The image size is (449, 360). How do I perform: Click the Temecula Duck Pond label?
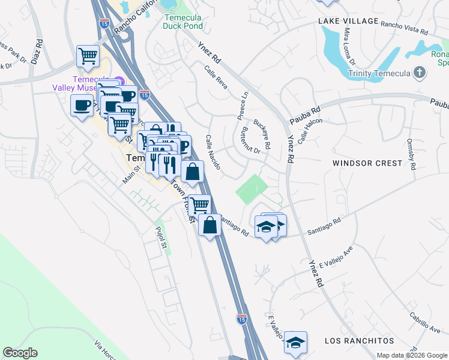point(183,22)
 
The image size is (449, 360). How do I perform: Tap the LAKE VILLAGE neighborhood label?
point(348,21)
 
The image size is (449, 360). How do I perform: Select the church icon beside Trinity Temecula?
point(420,73)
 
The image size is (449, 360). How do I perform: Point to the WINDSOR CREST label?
point(367,163)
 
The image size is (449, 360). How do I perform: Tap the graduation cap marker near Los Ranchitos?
point(295,341)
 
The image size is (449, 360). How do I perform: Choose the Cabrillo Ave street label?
point(425,321)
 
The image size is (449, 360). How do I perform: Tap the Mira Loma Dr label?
point(348,49)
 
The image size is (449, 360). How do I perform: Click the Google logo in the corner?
point(20,353)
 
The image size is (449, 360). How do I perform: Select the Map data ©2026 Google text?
point(412,355)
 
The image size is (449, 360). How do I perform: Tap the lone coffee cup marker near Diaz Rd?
point(82,106)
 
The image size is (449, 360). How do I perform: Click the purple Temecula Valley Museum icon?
point(119,82)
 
